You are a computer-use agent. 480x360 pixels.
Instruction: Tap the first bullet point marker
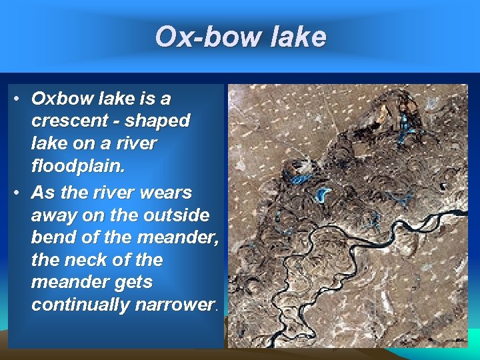coord(15,99)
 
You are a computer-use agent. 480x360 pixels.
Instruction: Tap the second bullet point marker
coord(15,193)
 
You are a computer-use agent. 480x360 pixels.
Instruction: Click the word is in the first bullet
coord(140,99)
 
